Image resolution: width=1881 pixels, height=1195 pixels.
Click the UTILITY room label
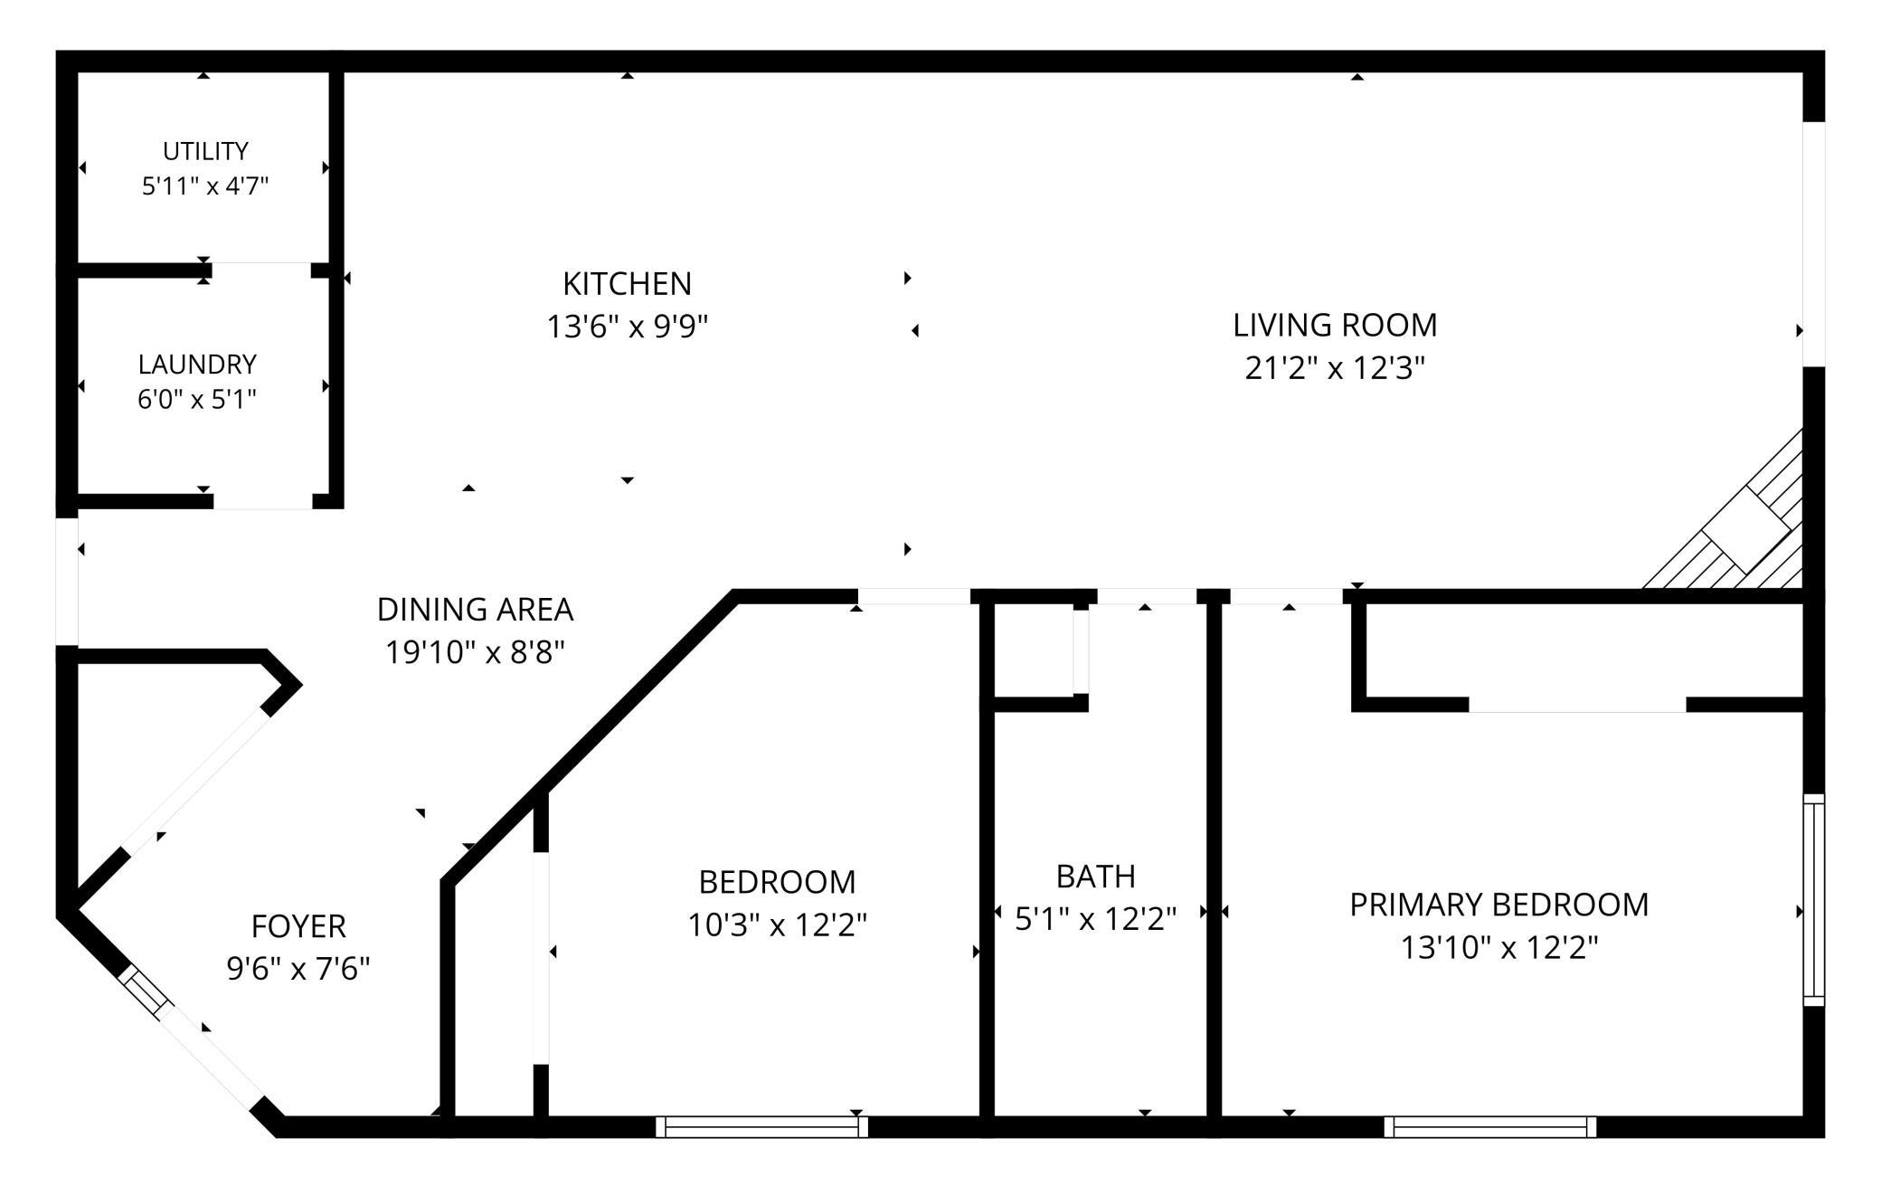205,151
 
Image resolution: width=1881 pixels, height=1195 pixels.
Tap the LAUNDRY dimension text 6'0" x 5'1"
197,399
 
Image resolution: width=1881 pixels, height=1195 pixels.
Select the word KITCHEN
627,284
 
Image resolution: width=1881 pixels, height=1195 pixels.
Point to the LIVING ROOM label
1335,326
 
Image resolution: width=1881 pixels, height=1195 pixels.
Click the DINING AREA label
475,610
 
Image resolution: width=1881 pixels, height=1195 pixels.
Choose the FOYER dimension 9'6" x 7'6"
298,969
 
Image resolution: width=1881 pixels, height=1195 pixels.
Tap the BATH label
1096,877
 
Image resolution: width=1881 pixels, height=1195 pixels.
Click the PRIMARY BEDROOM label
1499,905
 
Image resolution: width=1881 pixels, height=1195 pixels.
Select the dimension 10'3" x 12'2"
778,925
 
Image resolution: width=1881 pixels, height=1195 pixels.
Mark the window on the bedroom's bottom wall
761,1126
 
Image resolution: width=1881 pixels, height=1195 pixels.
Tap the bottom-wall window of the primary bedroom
1489,1126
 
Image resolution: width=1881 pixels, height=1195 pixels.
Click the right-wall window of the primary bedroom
1814,900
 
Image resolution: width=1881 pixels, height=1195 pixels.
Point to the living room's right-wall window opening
1814,244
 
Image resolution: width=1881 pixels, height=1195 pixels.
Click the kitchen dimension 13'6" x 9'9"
627,326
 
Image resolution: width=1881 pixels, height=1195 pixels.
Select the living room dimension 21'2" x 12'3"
1335,368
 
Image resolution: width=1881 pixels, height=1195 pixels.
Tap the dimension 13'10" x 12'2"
1499,948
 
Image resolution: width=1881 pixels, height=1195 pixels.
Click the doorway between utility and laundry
261,270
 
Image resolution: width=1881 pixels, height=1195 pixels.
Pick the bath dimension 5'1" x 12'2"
1096,919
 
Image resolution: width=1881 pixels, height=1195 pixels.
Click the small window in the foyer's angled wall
147,995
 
